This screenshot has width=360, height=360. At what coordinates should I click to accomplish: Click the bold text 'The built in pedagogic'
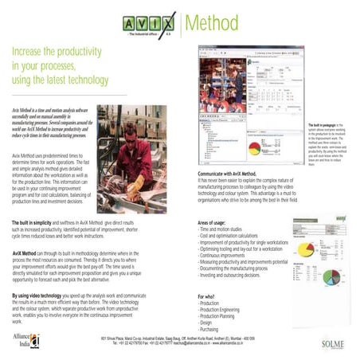pyautogui.click(x=323, y=126)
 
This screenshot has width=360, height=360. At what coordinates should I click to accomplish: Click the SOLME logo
pyautogui.click(x=331, y=344)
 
